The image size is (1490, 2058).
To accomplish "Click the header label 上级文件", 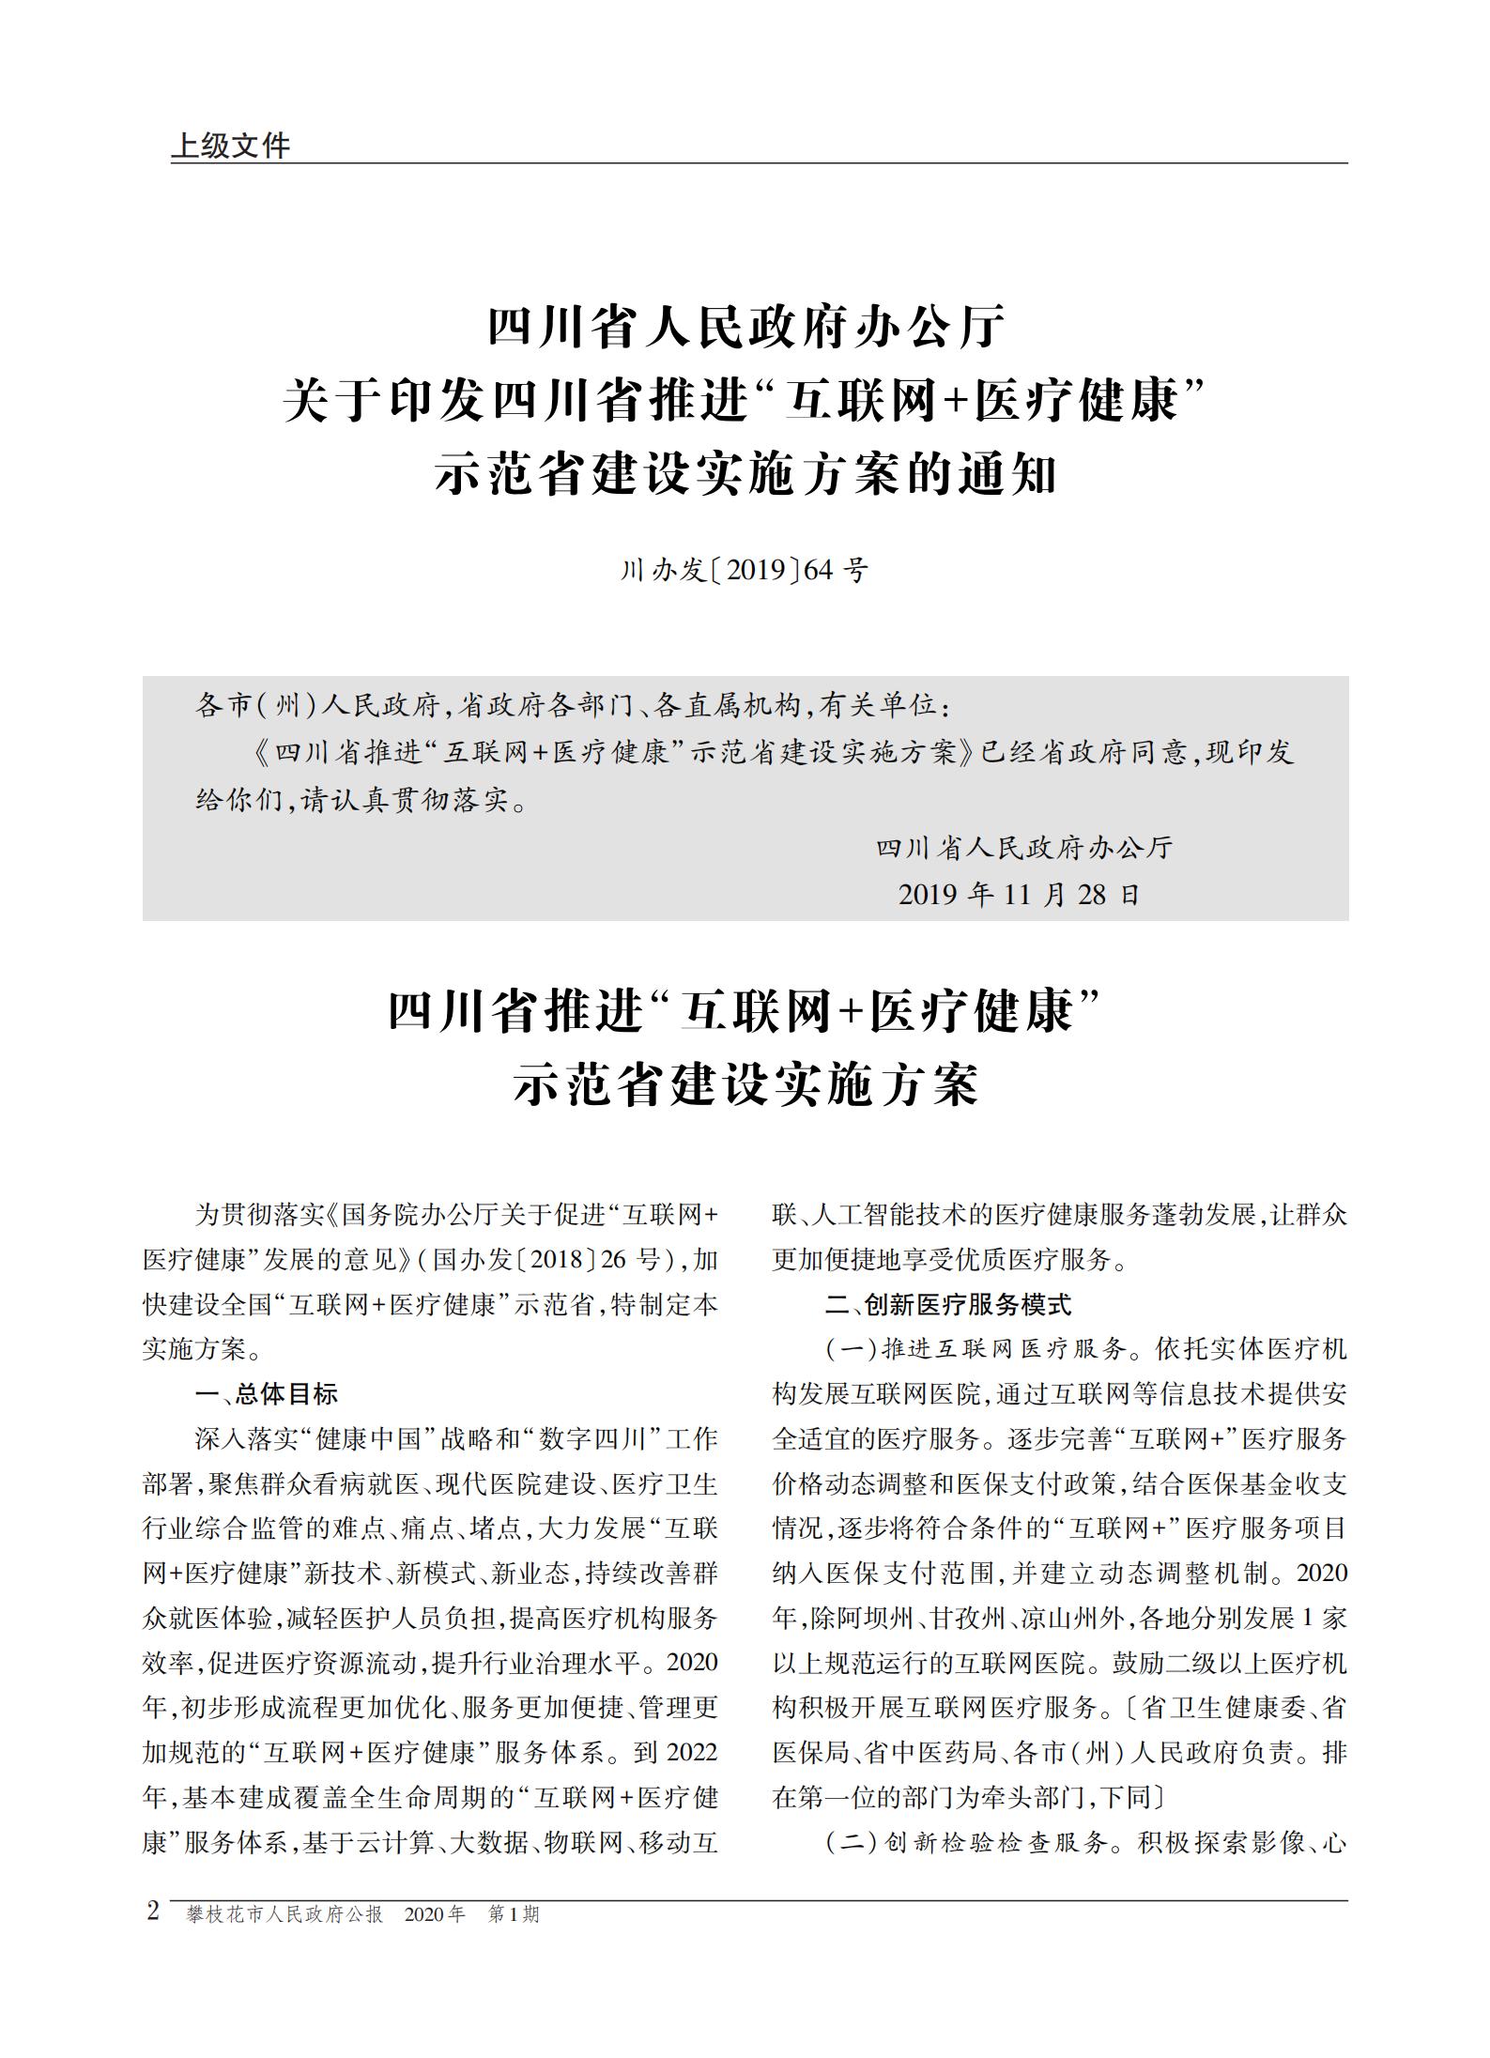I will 230,146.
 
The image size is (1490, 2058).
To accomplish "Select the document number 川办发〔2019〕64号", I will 744,570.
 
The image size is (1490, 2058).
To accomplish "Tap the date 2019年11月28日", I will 1019,894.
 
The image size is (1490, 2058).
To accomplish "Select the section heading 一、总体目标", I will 266,1394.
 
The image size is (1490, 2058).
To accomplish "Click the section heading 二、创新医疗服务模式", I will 947,1304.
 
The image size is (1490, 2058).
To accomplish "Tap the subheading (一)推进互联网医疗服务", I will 976,1350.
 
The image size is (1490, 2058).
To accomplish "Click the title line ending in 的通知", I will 745,475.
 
